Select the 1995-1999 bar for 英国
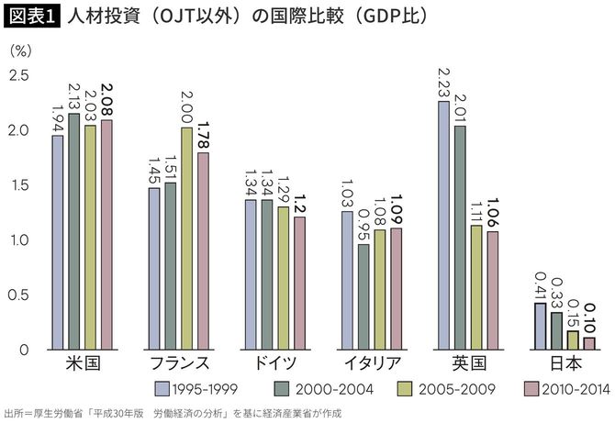[443, 225]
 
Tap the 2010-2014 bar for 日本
[588, 343]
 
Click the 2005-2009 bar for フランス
[186, 239]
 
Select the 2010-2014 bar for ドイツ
[299, 283]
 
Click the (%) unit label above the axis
[20, 51]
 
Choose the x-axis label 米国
[82, 362]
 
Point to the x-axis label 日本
[565, 362]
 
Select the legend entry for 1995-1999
[197, 388]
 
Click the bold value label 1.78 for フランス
[203, 134]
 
